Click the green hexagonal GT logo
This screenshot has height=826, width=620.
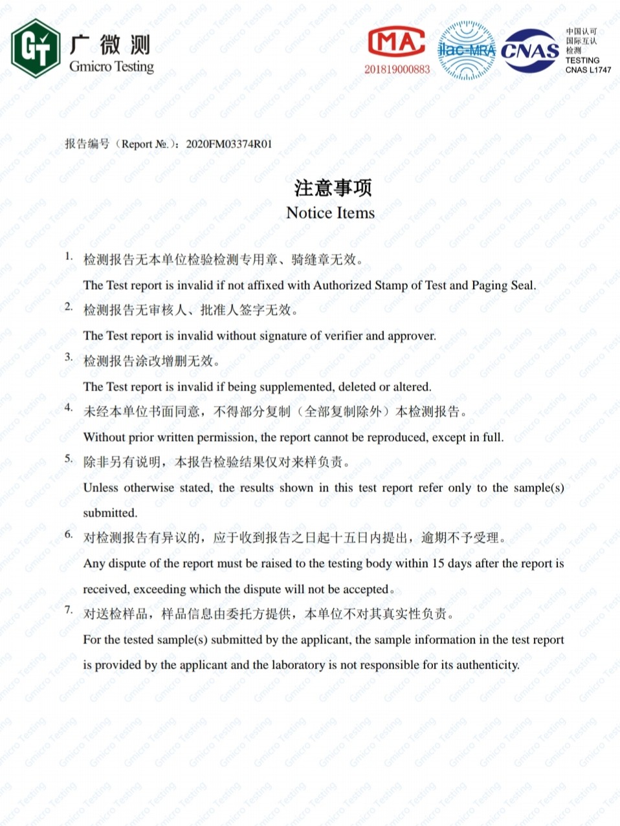[x=36, y=48]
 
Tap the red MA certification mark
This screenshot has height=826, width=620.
[x=396, y=43]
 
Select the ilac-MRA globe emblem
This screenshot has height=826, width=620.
[x=466, y=50]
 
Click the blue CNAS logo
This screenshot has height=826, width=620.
[x=530, y=50]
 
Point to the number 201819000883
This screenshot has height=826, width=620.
[x=397, y=69]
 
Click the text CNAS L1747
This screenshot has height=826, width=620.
[x=588, y=70]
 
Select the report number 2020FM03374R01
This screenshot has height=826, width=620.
[x=228, y=144]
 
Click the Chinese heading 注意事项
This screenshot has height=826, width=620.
[x=333, y=188]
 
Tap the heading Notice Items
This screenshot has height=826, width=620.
[x=330, y=213]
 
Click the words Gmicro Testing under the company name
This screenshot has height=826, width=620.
[x=111, y=66]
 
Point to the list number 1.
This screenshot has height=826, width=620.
[x=68, y=256]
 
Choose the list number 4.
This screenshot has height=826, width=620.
[x=68, y=408]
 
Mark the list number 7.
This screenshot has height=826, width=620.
[x=68, y=610]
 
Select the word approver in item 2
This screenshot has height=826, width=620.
[x=411, y=336]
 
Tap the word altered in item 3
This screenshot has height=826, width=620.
[x=411, y=387]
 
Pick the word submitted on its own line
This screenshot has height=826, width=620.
[x=110, y=513]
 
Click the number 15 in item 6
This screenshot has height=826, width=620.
[x=438, y=563]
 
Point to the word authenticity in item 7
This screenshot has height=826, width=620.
[x=487, y=665]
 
